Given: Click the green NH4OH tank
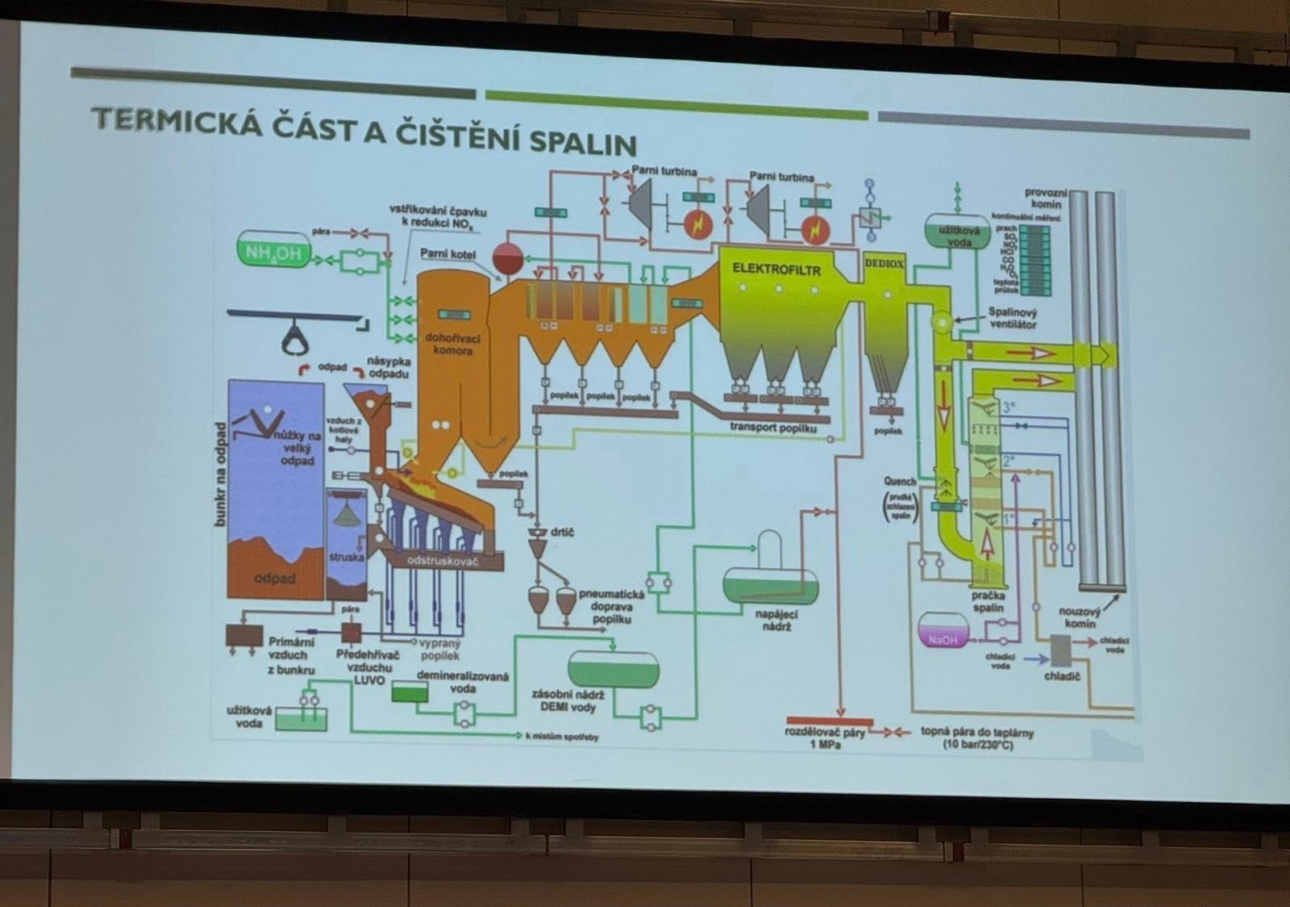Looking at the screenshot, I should click(273, 252).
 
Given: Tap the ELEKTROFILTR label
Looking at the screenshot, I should click(776, 269).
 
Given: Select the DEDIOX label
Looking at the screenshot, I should click(884, 264).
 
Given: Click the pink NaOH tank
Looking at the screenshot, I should click(943, 632).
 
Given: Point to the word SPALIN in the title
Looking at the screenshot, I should click(583, 142).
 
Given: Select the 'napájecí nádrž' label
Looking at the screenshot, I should click(777, 620).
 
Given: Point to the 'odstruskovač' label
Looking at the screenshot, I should click(443, 559).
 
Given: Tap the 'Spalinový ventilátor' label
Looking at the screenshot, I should click(1013, 318).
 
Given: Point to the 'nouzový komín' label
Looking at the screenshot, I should click(1079, 617).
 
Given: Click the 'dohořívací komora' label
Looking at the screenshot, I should click(450, 344).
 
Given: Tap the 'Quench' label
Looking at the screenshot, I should click(900, 482).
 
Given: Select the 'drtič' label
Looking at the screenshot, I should click(562, 533).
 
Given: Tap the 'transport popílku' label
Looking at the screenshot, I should click(772, 427).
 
